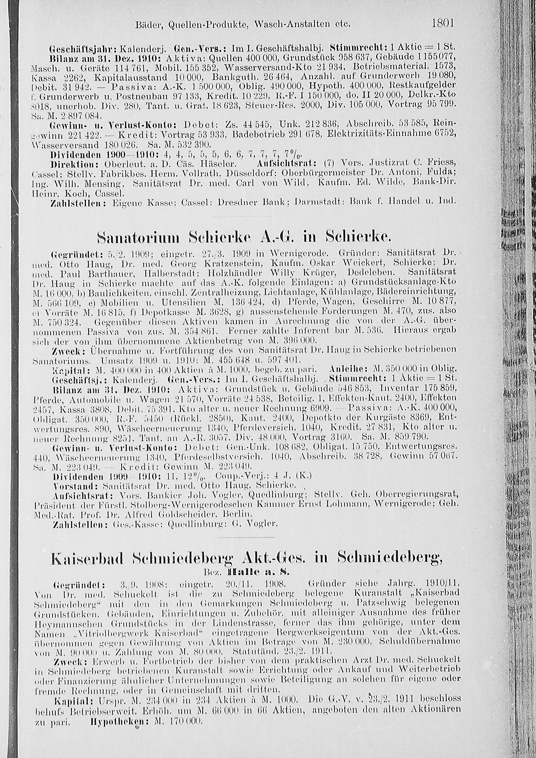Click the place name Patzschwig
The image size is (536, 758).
382,602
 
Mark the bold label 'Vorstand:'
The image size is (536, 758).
76,486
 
